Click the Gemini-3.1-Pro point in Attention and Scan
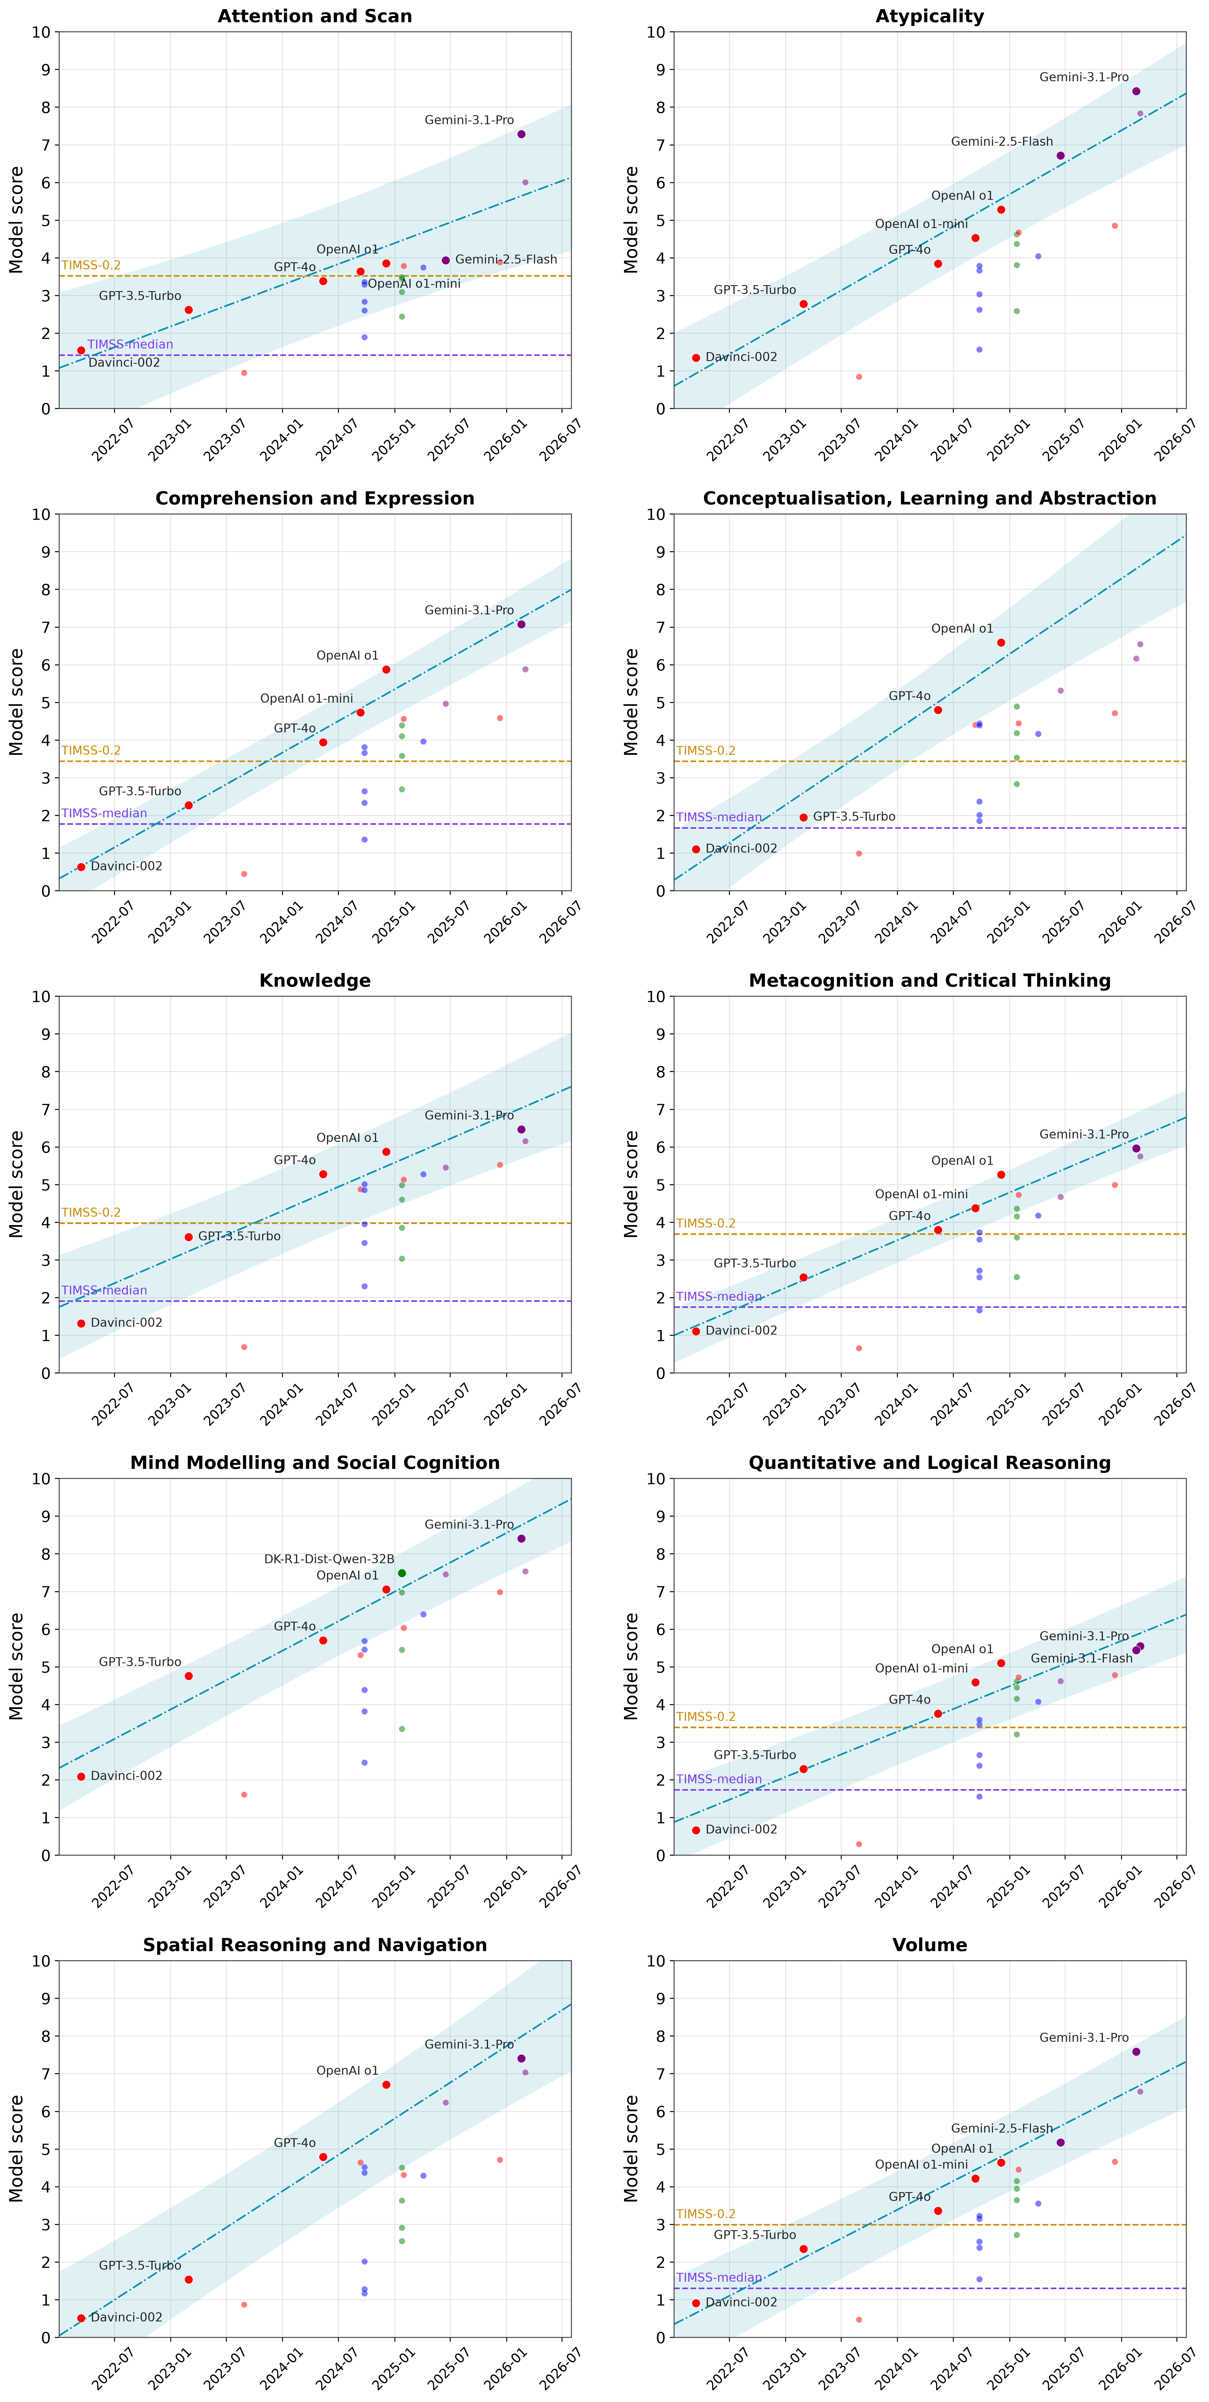521,134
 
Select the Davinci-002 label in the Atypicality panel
741,357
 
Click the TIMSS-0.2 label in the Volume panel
705,2214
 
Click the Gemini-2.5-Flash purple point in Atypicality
1061,156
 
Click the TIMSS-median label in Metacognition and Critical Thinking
718,1296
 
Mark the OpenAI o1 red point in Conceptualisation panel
1001,642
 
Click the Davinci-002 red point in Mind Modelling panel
81,1776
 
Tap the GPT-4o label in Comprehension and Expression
295,728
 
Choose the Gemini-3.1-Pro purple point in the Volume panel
1136,2052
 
